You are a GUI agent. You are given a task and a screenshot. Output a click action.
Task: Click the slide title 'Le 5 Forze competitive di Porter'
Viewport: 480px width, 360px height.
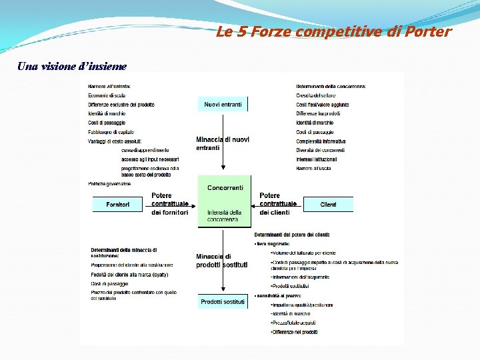tap(333, 32)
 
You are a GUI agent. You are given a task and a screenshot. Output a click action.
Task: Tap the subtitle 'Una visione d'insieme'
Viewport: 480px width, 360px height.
tap(72, 66)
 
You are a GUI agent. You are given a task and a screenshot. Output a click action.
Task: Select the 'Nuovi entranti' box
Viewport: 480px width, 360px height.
tap(223, 104)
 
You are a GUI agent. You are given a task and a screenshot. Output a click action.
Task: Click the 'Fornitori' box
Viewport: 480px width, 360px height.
tap(118, 204)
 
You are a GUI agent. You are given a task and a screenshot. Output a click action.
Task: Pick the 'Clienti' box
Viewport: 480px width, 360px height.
tap(328, 204)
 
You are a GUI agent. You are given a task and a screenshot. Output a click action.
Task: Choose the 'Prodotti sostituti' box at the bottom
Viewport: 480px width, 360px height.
tap(223, 302)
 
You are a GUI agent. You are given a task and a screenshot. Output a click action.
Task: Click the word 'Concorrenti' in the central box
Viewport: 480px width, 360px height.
tap(225, 188)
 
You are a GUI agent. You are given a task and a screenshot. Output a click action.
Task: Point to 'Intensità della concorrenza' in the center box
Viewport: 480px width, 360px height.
tap(224, 215)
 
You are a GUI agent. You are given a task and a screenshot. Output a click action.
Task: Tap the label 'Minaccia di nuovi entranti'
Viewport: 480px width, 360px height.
tap(223, 143)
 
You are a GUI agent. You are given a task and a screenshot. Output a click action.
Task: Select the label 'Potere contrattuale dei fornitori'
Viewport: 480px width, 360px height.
tap(170, 204)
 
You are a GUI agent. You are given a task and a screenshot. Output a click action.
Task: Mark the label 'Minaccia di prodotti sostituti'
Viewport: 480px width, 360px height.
tap(221, 261)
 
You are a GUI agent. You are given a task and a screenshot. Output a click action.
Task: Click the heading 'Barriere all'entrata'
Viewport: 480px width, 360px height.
tap(109, 87)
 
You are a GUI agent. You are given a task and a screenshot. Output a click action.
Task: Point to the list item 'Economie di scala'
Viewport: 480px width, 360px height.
tap(107, 96)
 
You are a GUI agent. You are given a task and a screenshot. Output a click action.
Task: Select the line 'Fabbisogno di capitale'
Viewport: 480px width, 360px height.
tap(111, 132)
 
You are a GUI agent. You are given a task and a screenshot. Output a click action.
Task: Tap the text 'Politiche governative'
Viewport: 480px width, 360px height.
tap(109, 183)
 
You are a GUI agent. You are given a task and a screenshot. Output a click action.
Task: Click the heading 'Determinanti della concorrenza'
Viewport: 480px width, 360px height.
tap(331, 87)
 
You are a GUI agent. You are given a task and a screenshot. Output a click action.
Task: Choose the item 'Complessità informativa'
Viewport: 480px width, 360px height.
tap(321, 141)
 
